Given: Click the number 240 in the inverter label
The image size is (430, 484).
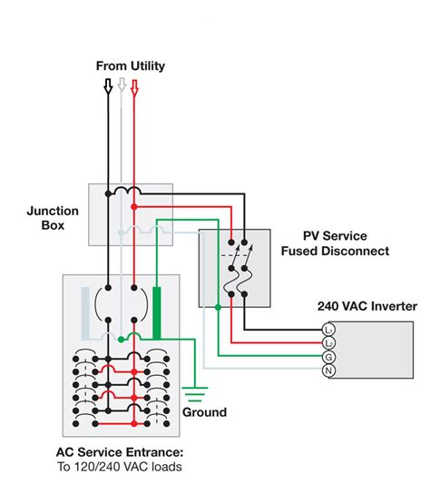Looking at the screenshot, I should click(x=328, y=307).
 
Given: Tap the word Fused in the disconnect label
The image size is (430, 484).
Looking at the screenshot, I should click(x=301, y=251).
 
